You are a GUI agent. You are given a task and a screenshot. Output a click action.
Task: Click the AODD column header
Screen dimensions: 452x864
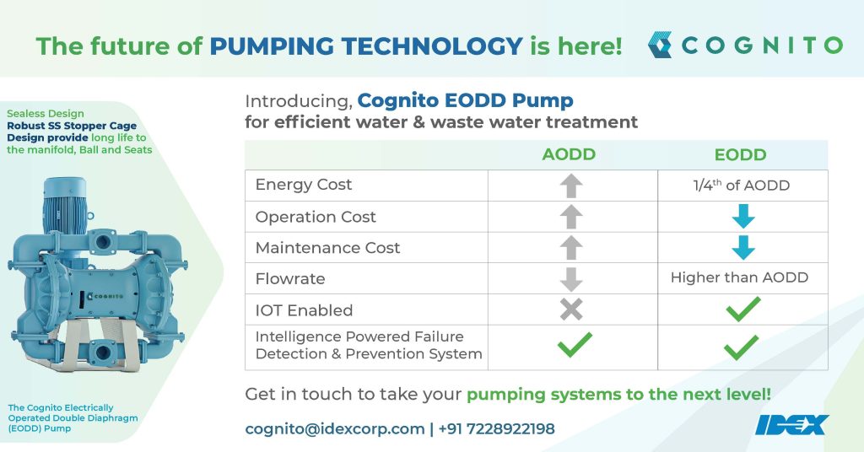569,154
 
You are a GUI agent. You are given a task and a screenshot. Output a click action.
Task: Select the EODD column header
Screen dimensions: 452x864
740,154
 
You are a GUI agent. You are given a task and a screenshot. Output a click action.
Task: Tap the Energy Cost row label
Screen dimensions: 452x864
304,185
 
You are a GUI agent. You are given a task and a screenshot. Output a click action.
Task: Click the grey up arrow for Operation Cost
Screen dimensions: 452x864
571,216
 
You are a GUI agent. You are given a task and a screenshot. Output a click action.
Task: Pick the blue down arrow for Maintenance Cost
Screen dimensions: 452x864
742,248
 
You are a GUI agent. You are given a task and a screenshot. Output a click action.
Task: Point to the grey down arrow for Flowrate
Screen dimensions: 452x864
571,278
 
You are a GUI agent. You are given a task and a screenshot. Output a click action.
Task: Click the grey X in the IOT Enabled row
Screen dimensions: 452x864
571,309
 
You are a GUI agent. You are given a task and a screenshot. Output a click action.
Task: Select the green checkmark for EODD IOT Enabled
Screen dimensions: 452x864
742,309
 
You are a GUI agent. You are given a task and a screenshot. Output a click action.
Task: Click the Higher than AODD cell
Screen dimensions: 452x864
739,277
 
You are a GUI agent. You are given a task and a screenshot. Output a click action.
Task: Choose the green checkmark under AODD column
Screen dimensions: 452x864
575,344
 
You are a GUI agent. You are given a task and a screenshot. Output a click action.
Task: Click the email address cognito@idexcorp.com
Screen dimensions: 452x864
334,429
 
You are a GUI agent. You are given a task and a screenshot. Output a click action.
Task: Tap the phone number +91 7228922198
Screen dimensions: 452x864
497,429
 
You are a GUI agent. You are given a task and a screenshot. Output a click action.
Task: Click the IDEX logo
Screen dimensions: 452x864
792,424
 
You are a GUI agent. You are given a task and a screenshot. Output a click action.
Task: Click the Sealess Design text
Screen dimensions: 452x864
46,113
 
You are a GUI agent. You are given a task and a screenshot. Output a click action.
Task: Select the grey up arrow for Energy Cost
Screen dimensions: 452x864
571,185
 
